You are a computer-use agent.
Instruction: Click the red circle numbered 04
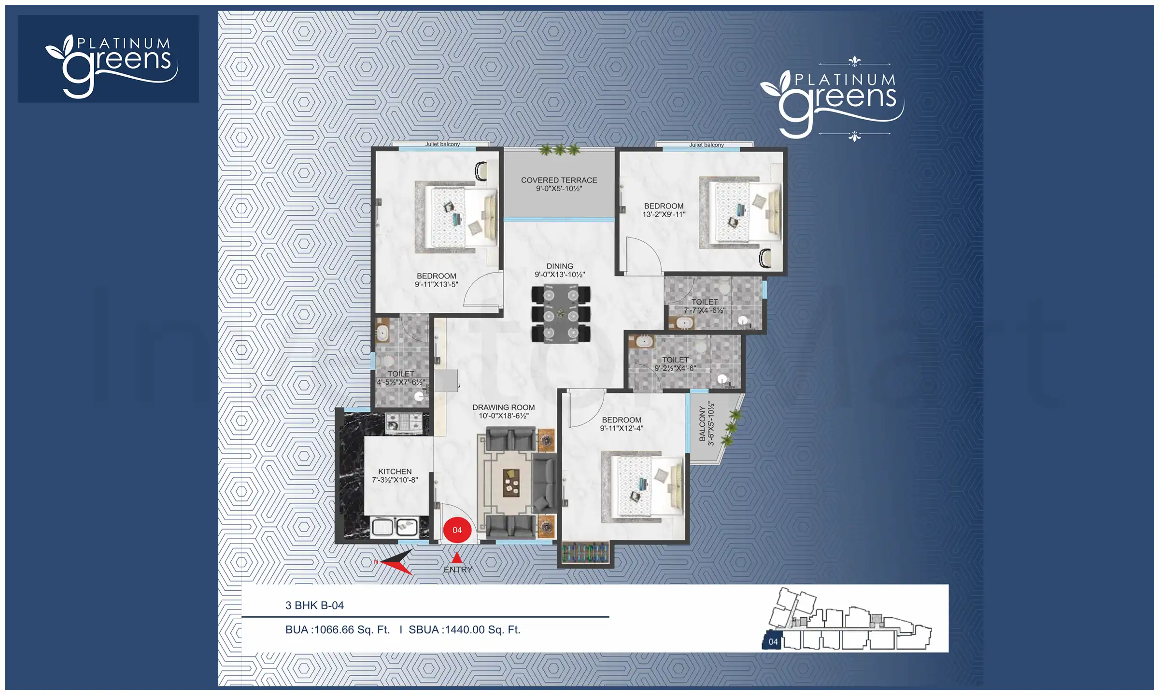pyautogui.click(x=457, y=529)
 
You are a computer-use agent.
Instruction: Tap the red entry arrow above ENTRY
pyautogui.click(x=457, y=558)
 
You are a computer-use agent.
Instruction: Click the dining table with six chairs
pyautogui.click(x=561, y=314)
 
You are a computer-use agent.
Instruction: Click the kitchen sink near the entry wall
pyautogui.click(x=395, y=527)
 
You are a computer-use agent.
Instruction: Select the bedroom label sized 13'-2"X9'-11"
pyautogui.click(x=664, y=210)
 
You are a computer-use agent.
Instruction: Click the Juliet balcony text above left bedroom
pyautogui.click(x=442, y=144)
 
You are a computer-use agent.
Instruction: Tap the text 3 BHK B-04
pyautogui.click(x=314, y=605)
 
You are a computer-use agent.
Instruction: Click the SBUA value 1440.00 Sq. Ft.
pyautogui.click(x=465, y=629)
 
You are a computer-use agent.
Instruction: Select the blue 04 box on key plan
pyautogui.click(x=773, y=641)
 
